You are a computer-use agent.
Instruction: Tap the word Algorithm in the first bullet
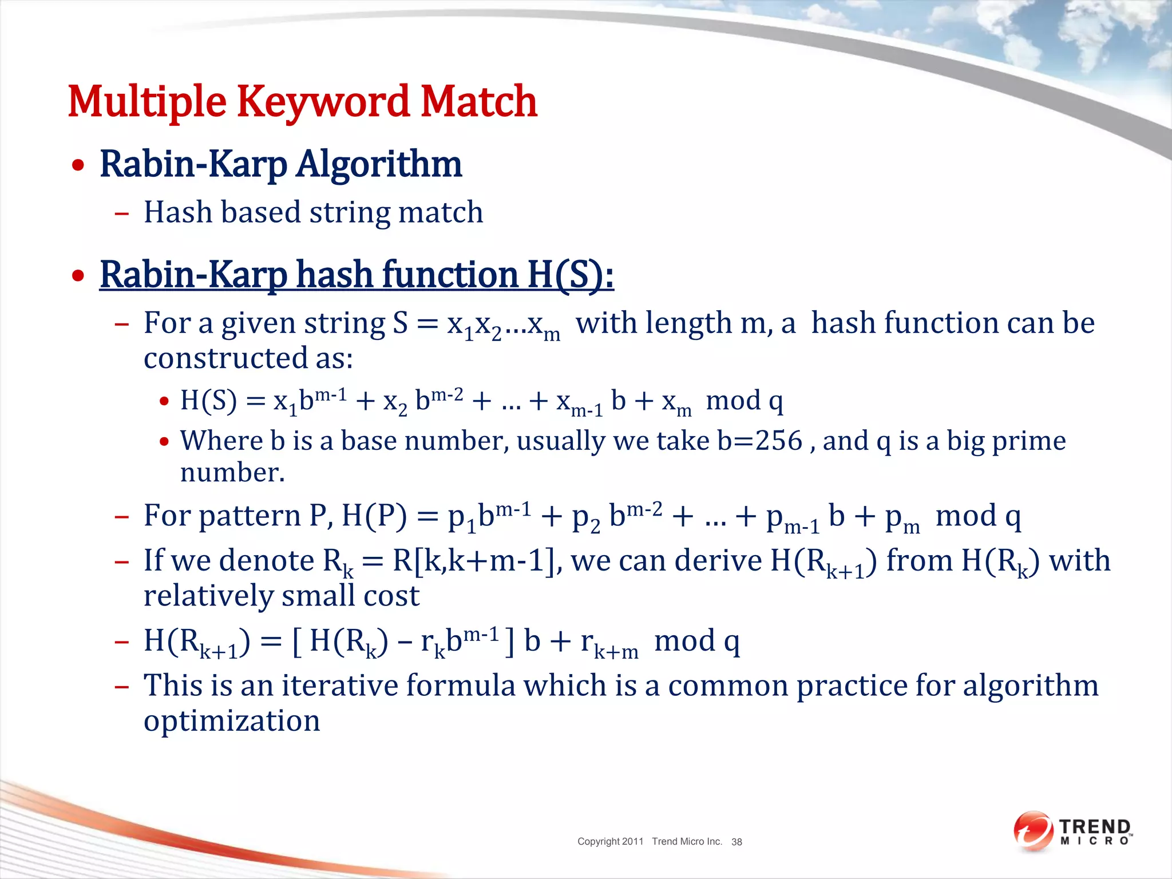378,165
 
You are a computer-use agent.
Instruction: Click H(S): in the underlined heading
570,275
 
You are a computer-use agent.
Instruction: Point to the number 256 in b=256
779,441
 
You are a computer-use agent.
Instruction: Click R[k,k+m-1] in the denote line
473,561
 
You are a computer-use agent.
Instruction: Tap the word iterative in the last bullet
340,686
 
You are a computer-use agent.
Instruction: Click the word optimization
232,721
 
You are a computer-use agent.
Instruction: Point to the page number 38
737,842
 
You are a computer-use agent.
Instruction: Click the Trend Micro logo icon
1032,831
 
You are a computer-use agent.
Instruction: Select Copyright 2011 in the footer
610,841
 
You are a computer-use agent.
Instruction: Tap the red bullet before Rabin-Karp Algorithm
78,166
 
